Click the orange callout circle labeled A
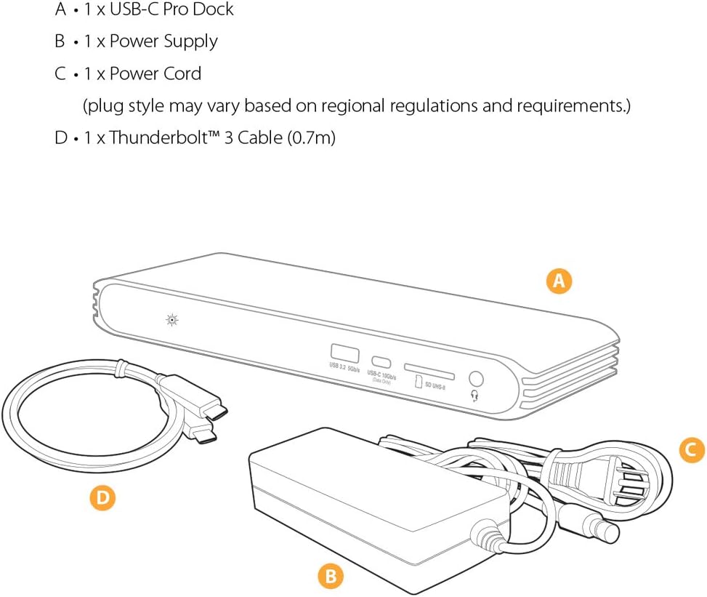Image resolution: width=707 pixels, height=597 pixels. [559, 281]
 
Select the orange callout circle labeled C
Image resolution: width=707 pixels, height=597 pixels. [692, 451]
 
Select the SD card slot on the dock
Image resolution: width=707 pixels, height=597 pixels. [429, 369]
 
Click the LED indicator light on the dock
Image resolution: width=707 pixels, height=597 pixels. [172, 318]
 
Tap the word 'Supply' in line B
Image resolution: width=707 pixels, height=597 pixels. [190, 41]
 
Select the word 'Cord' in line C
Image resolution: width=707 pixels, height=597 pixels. [182, 73]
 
